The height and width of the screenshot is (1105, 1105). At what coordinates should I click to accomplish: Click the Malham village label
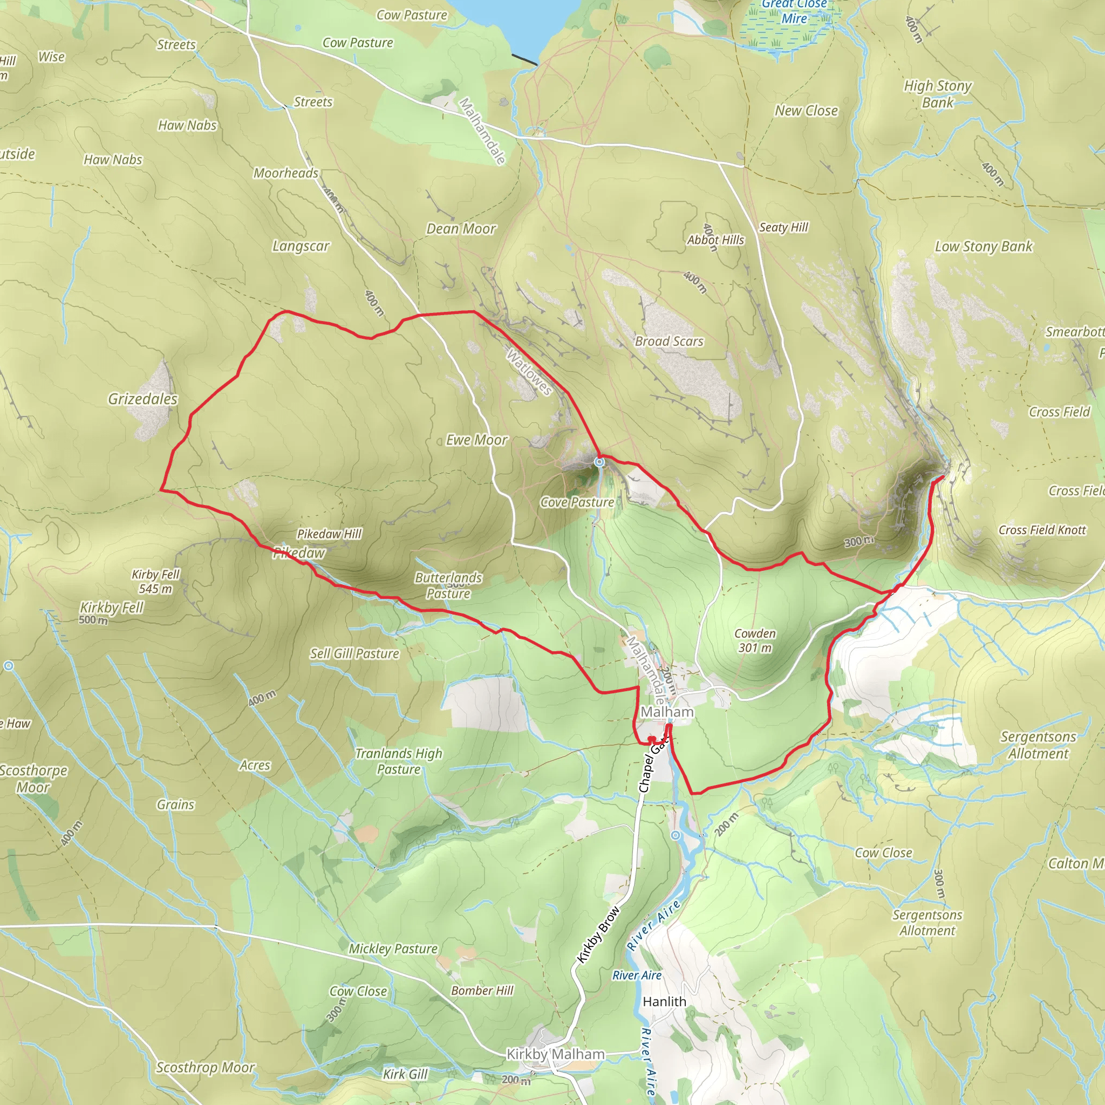click(666, 712)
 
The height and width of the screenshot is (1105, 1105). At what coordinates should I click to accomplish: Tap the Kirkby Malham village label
click(555, 1054)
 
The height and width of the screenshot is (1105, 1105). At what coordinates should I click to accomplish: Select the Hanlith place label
click(664, 1001)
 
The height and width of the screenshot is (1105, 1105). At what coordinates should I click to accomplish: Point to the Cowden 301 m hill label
click(755, 640)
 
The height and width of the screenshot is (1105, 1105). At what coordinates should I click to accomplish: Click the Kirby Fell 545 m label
click(155, 581)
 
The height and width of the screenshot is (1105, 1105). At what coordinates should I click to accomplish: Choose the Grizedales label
click(143, 399)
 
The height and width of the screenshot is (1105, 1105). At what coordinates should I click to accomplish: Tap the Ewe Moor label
click(476, 440)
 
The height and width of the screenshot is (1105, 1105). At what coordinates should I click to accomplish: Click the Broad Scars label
click(669, 342)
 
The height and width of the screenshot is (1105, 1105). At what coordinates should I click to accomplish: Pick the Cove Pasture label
click(577, 502)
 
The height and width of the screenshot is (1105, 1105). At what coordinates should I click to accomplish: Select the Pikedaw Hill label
click(329, 534)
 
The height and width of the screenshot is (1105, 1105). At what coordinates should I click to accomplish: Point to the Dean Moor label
click(461, 229)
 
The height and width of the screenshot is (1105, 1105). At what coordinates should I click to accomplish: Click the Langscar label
click(301, 246)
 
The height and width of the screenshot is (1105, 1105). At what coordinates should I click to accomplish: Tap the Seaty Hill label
click(783, 227)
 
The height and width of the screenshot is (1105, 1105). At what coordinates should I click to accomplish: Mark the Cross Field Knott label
click(1041, 530)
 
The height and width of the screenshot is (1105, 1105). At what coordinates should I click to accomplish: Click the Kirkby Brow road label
click(598, 934)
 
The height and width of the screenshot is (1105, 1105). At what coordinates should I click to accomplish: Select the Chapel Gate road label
click(653, 764)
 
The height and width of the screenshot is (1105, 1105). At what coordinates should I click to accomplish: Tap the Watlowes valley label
click(530, 373)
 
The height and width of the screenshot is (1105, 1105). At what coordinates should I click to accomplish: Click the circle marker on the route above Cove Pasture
click(599, 461)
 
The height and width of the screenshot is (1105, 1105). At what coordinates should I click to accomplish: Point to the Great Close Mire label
click(794, 11)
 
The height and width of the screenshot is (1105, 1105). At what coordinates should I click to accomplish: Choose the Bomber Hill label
click(482, 990)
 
